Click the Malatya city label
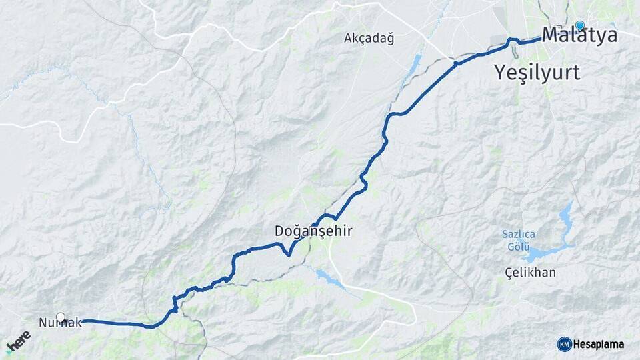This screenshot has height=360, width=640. tap(579, 35)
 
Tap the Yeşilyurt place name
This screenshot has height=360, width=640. tap(537, 72)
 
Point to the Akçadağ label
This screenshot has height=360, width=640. tap(369, 38)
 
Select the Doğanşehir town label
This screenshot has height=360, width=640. tap(313, 231)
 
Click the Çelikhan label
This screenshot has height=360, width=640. tap(530, 273)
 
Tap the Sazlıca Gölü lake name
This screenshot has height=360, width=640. tap(519, 241)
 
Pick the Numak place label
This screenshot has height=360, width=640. tap(60, 323)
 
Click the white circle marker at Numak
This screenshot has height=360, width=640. tap(61, 317)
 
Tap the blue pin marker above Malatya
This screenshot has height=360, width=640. tap(580, 25)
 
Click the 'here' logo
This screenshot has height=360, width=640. tap(19, 341)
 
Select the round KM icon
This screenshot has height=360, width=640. tap(564, 344)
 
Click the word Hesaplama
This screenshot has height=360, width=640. tap(599, 345)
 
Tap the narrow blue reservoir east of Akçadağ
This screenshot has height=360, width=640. tap(414, 65)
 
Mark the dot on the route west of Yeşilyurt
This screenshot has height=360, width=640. tap(456, 64)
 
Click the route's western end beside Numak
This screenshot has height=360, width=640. tap(83, 321)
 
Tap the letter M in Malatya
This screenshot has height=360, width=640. tap(551, 35)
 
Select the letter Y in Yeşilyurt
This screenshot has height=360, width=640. tap(501, 72)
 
